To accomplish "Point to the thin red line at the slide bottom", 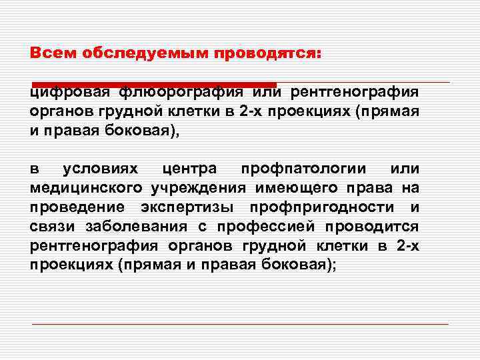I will coord(240,324).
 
